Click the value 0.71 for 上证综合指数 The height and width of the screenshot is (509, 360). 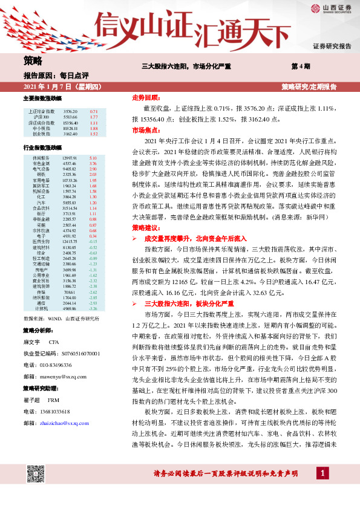94,112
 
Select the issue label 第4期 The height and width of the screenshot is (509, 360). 301,65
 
